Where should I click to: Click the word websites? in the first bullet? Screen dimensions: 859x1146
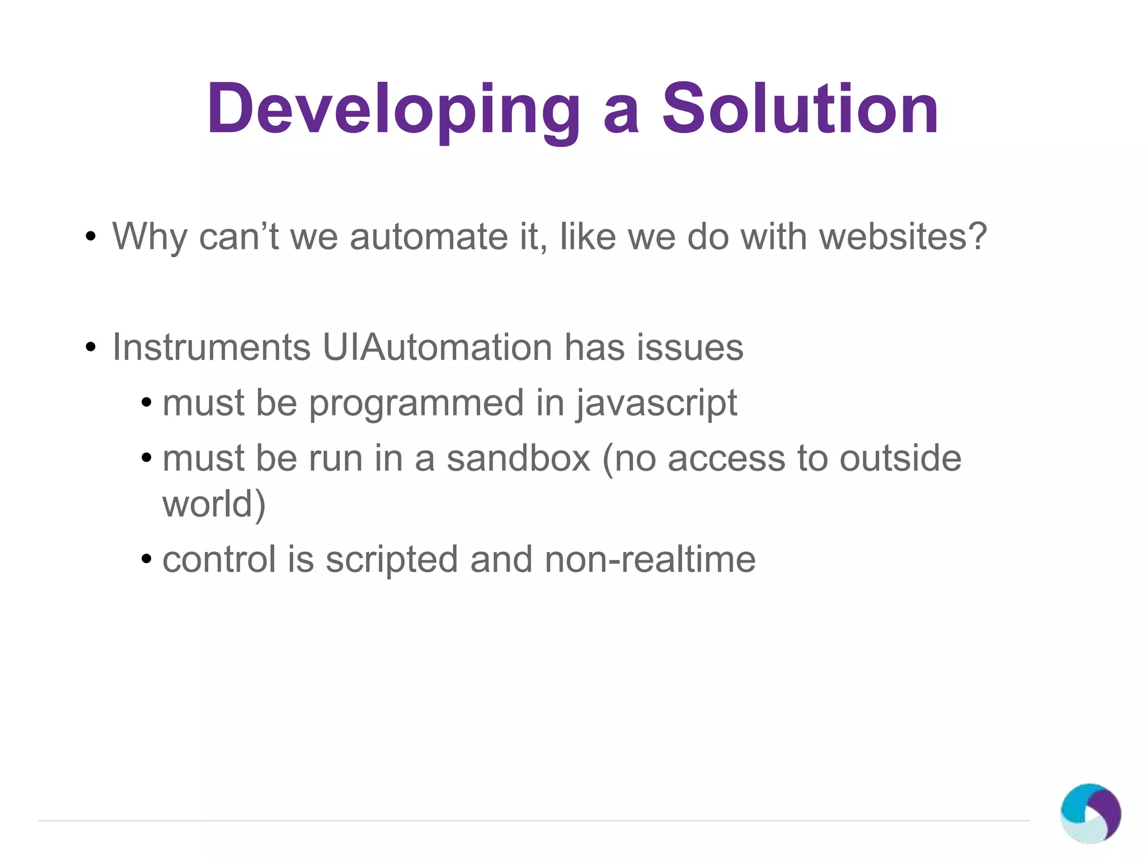pos(903,237)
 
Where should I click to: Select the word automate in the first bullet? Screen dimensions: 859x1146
pos(428,237)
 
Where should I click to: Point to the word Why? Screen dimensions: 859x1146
pos(149,237)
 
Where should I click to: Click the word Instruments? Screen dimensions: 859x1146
pos(212,347)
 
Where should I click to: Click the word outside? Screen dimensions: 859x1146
pos(900,458)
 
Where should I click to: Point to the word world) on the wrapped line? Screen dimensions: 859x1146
pos(214,504)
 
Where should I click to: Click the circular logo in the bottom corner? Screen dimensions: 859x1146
pos(1090,813)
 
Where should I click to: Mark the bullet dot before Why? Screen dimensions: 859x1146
pos(90,237)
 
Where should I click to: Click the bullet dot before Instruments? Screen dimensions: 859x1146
pos(90,348)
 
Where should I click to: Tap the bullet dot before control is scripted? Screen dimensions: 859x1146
pos(147,559)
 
